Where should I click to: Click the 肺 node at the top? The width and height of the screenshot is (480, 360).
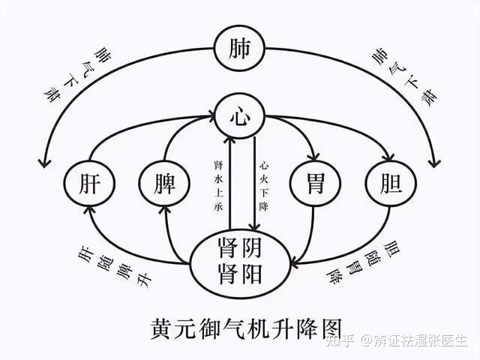[239, 49]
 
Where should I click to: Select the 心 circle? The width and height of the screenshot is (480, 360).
[239, 116]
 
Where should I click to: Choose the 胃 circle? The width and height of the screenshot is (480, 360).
[315, 182]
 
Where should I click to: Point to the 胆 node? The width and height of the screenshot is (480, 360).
[387, 182]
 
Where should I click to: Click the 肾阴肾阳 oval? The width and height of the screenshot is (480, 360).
[240, 262]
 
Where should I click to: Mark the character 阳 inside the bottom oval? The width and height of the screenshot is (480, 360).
[253, 274]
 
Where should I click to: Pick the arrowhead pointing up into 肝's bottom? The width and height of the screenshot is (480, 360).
[89, 210]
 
